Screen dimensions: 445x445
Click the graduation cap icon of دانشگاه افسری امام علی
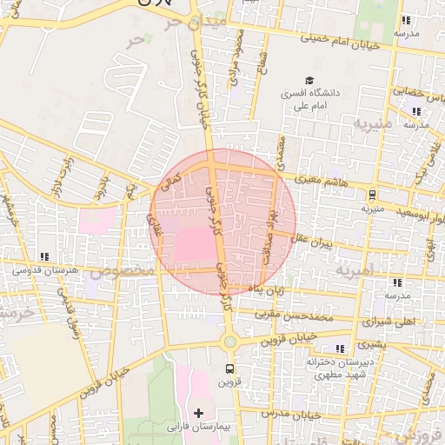[308, 77]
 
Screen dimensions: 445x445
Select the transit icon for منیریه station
[373, 196]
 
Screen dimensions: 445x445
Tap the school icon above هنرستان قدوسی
[43, 257]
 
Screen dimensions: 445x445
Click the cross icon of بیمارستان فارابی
[199, 411]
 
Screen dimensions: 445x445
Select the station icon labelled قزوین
[229, 366]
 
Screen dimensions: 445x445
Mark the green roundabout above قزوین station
[229, 342]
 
